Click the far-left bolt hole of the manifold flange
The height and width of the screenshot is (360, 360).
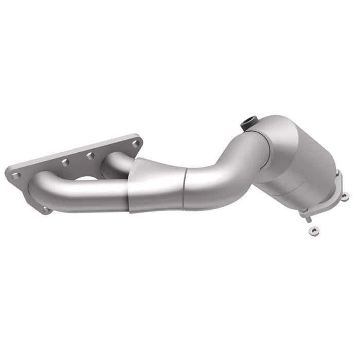(16, 175)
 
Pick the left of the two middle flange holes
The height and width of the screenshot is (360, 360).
(65, 162)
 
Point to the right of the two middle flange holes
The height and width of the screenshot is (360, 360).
(90, 155)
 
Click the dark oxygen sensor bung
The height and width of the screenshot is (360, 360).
(248, 124)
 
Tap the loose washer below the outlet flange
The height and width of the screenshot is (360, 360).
(312, 231)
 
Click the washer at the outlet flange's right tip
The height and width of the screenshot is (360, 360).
(344, 195)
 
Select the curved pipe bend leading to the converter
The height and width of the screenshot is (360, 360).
(226, 165)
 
